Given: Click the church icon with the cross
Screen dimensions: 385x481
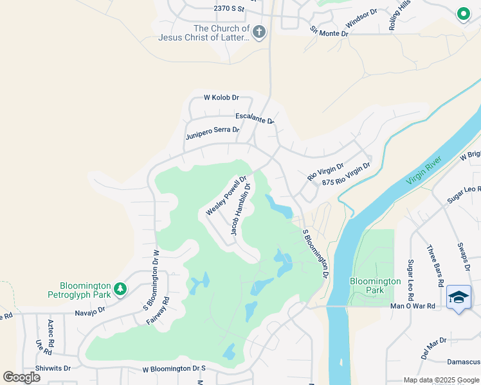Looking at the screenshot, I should click(x=259, y=33).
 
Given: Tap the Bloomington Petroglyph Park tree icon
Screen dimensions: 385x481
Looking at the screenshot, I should click(x=120, y=290).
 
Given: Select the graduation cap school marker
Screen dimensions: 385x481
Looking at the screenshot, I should click(x=458, y=297).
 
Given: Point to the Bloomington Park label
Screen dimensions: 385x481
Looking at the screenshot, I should click(x=375, y=286).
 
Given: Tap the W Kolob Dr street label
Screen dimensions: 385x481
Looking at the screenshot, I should click(x=221, y=98).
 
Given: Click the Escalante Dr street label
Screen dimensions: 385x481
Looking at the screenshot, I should click(x=255, y=118).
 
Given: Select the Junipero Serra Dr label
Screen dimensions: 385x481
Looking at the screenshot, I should click(x=212, y=133).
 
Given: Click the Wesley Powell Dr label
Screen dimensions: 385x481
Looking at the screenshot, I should click(x=226, y=196).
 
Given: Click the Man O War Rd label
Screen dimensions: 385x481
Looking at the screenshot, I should click(x=412, y=306).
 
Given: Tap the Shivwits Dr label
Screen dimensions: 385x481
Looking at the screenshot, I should click(x=53, y=368).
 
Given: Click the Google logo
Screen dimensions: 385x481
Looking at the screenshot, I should click(x=22, y=377).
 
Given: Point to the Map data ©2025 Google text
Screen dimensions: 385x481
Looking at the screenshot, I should click(x=441, y=380).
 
